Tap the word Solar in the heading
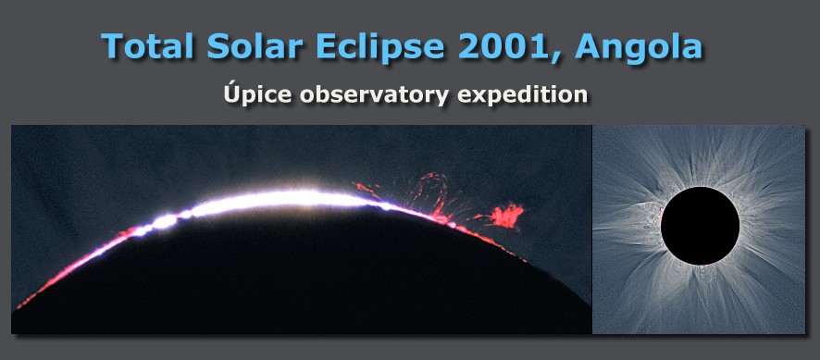click(x=255, y=45)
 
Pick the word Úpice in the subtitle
click(x=256, y=93)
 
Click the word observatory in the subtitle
click(x=373, y=95)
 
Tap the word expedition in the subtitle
click(x=522, y=95)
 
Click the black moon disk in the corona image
click(x=700, y=226)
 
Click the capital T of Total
click(x=112, y=45)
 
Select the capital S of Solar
click(x=218, y=45)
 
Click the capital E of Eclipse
click(x=326, y=45)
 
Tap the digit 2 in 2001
click(x=469, y=45)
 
